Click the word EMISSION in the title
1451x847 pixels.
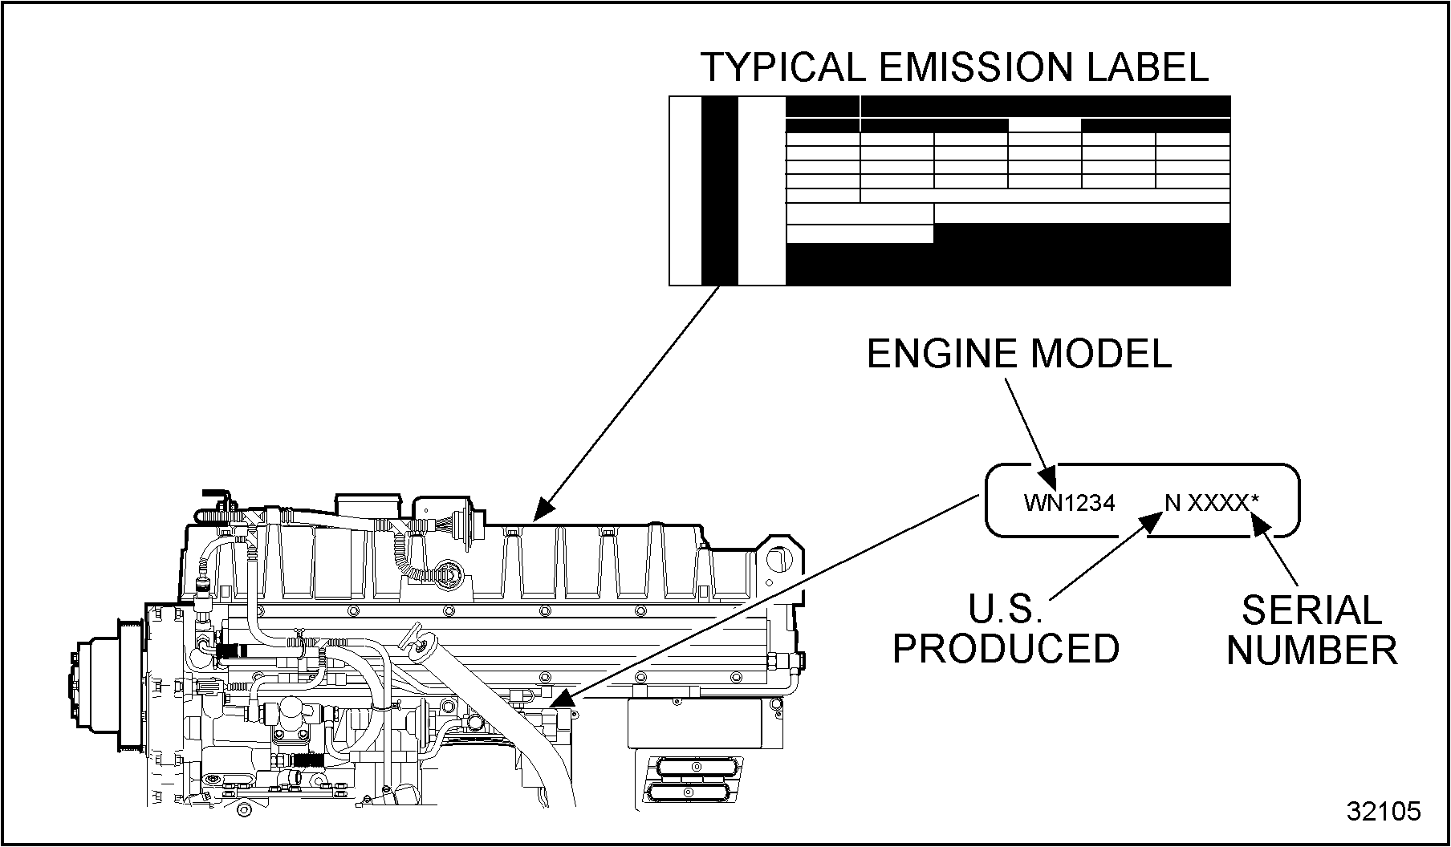tap(975, 67)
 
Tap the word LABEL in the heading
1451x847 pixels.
tap(1148, 67)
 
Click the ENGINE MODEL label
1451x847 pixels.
tap(1019, 354)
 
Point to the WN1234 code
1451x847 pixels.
tap(1069, 503)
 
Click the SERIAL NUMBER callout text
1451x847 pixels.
tap(1312, 631)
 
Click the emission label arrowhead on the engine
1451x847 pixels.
tap(543, 508)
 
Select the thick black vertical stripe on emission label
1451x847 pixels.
tap(719, 191)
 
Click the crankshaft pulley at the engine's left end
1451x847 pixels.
tap(104, 682)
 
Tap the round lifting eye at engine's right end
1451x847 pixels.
tap(777, 559)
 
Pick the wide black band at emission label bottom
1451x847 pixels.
tap(1007, 265)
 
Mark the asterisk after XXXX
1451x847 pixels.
tap(1254, 500)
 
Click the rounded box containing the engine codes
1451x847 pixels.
tap(1141, 500)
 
